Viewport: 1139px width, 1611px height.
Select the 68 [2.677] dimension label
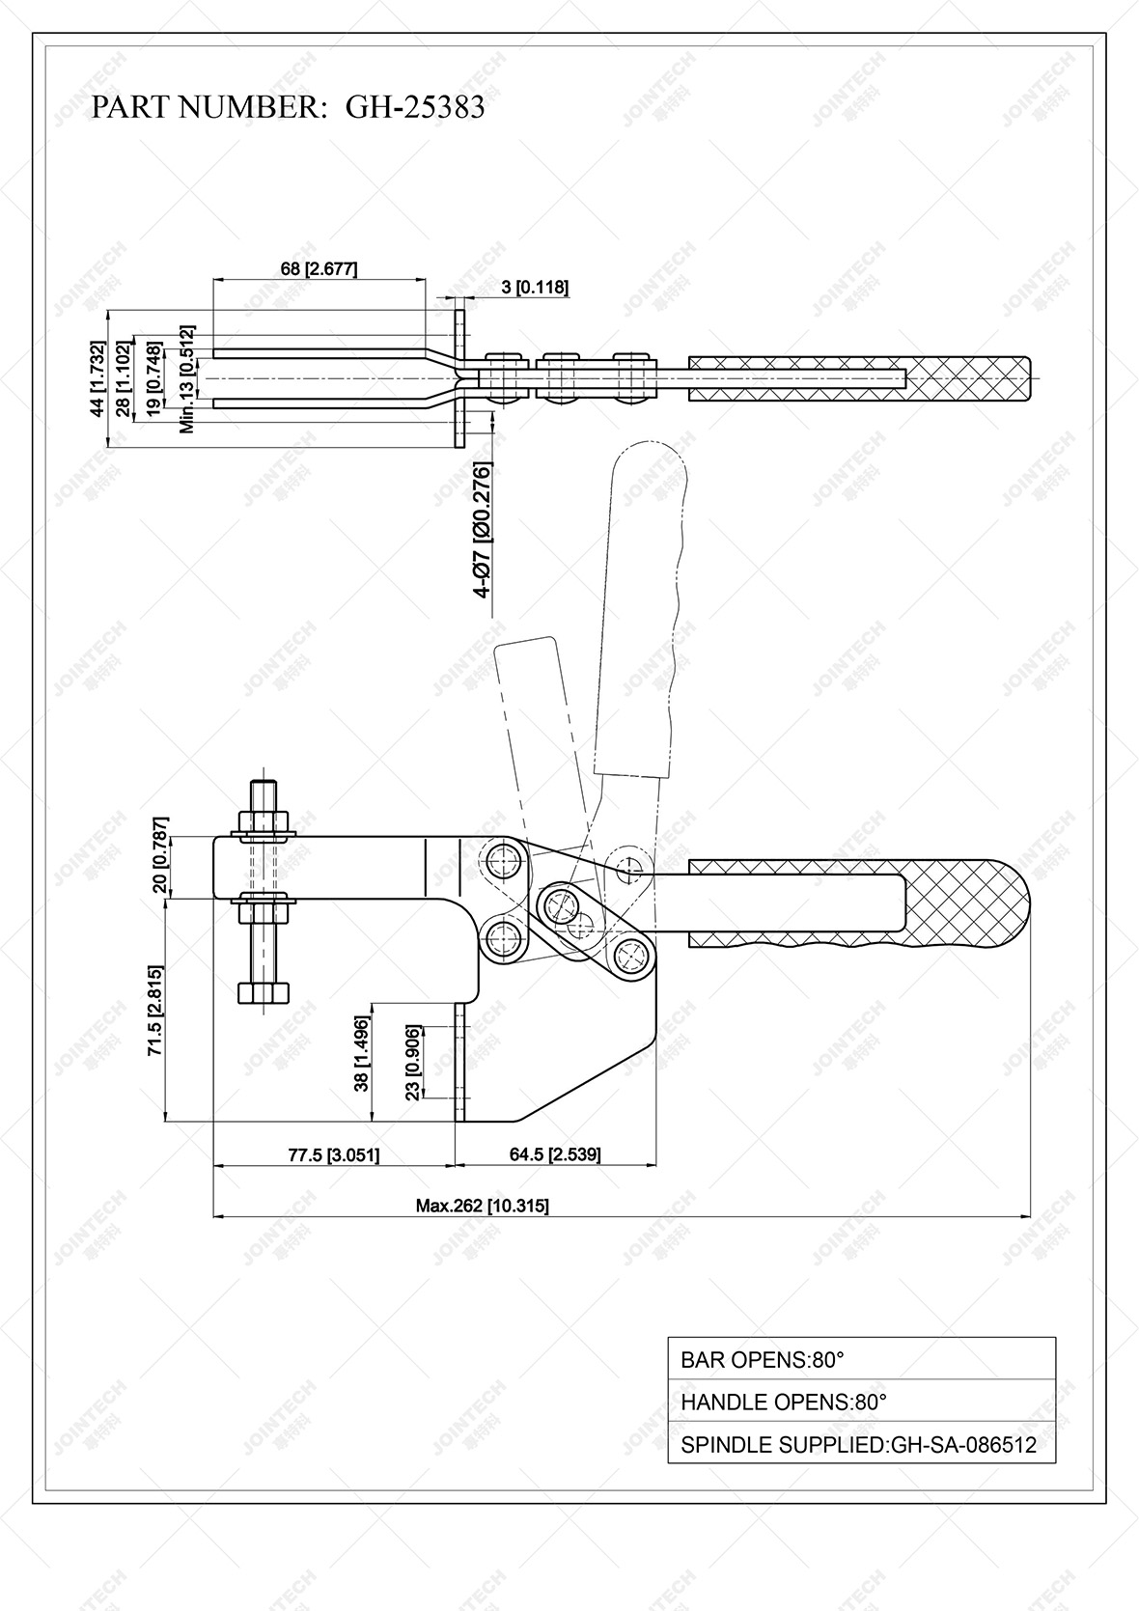click(319, 269)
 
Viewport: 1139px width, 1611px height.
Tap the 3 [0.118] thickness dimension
click(534, 287)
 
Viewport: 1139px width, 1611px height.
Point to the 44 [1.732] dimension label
click(97, 379)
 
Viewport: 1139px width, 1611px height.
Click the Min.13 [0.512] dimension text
click(187, 378)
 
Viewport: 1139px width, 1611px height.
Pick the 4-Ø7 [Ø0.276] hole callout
click(483, 531)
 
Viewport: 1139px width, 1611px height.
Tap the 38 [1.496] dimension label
click(362, 1053)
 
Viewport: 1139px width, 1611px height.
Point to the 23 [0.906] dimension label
click(412, 1063)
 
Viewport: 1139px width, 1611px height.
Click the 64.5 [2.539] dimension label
click(554, 1154)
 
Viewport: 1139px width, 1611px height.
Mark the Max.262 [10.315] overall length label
click(482, 1206)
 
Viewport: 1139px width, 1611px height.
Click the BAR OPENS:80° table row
click(861, 1359)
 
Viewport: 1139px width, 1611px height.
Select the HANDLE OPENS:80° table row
click(861, 1402)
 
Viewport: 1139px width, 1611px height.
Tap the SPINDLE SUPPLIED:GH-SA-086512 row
click(861, 1444)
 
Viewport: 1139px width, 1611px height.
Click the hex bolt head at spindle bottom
click(264, 994)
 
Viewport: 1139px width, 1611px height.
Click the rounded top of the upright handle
click(650, 465)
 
